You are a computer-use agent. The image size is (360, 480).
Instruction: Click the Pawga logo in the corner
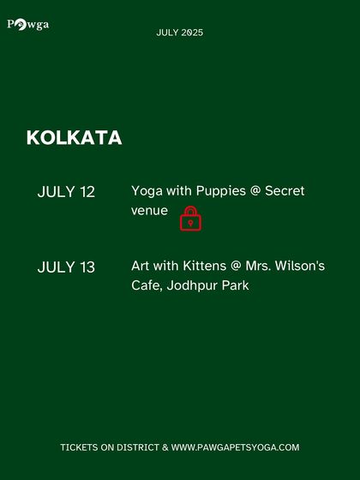(28, 24)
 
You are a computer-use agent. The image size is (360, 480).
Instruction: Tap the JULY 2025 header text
(180, 33)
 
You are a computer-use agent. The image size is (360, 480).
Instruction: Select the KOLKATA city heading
(74, 138)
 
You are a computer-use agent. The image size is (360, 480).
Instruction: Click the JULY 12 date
(66, 192)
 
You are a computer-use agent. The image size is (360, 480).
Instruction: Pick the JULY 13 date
(66, 267)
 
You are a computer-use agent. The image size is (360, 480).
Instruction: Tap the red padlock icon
(190, 219)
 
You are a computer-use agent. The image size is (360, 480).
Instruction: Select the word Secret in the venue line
(285, 191)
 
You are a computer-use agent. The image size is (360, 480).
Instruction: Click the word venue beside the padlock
(149, 210)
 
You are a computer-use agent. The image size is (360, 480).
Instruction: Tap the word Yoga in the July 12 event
(147, 191)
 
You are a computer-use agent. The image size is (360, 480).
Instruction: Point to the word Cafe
(146, 285)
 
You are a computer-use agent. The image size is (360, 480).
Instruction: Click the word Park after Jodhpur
(234, 285)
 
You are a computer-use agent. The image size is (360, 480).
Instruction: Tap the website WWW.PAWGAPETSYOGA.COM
(235, 447)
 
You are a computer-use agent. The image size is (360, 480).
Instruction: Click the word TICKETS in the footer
(79, 447)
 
